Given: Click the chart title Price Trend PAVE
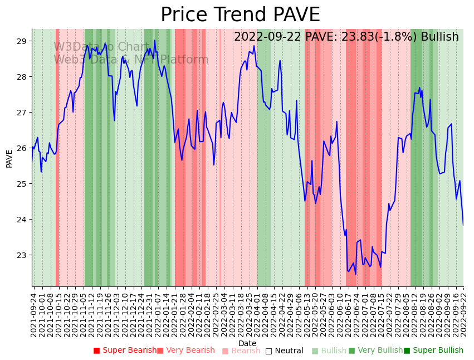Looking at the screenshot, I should [240, 14].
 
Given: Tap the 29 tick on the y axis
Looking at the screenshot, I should [22, 41].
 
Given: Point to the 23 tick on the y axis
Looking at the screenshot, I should [22, 255].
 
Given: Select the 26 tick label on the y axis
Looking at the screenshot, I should [22, 148].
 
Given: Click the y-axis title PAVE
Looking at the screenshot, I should [9, 158].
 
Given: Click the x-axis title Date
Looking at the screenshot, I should [247, 343].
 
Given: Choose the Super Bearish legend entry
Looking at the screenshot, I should [125, 351].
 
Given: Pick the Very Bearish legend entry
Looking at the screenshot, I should [185, 351].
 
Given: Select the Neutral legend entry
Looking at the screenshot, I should [284, 351].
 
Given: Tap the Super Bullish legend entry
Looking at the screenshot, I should [433, 351].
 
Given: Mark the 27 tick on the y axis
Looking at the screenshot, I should [22, 113].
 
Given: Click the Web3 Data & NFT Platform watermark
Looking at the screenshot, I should [131, 60].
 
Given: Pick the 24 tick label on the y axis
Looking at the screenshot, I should [22, 220].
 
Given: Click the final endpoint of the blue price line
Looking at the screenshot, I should [463, 225].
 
